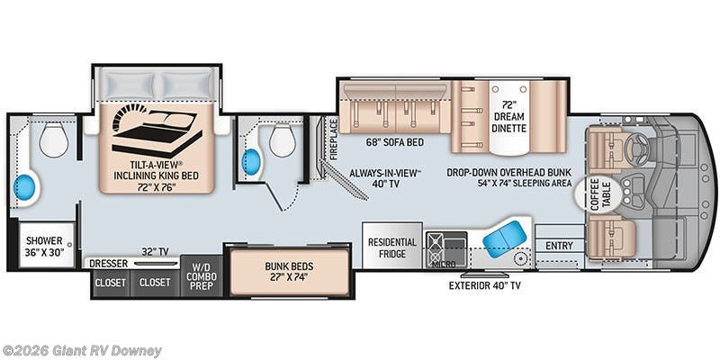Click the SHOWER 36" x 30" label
[x=43, y=246]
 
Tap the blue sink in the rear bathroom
[x=29, y=188]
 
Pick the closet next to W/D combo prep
[x=154, y=283]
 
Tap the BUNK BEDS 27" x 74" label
[x=289, y=273]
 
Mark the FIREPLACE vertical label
[x=333, y=139]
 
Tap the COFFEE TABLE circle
[x=598, y=193]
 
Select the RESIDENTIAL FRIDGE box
[x=391, y=247]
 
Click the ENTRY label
[x=559, y=246]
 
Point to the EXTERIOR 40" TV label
[x=484, y=285]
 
